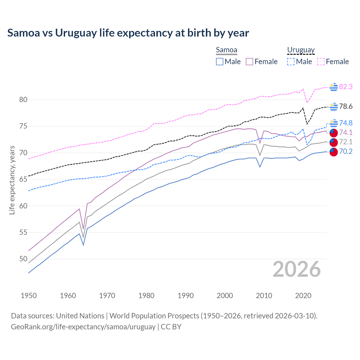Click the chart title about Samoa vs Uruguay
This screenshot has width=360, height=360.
coord(128,33)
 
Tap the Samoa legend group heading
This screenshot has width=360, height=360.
coord(226,50)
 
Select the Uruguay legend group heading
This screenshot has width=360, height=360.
coord(301,50)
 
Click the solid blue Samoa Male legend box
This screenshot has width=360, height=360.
coord(220,62)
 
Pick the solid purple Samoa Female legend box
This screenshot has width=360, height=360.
coord(249,62)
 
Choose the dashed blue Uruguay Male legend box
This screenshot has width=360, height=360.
coord(291,62)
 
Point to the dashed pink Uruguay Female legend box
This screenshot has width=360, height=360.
coord(321,62)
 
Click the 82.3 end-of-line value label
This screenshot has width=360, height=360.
coord(346,87)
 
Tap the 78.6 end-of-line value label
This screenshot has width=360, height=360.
coord(346,107)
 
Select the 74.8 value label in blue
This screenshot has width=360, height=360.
coord(346,123)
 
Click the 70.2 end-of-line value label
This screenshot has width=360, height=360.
coord(346,152)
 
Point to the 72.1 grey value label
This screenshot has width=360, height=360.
coord(346,142)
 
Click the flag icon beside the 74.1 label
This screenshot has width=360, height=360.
coord(333,133)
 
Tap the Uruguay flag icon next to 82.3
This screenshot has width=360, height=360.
coord(334,87)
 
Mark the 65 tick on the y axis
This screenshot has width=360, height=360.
coord(23,179)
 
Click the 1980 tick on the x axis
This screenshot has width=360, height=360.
coord(146,296)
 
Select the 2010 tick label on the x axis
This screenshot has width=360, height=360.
coord(264,296)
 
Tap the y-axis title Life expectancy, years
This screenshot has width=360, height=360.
coord(12,180)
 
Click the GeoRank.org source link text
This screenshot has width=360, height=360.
coord(83,327)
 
